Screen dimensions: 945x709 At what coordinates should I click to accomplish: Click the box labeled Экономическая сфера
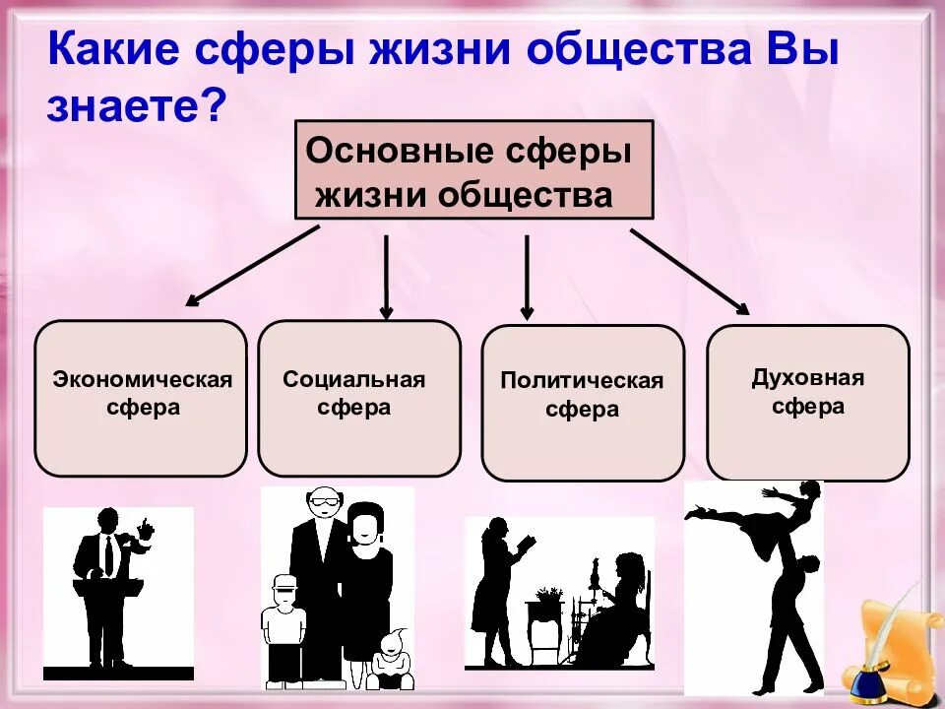141,397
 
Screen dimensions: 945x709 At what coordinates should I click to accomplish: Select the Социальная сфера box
358,397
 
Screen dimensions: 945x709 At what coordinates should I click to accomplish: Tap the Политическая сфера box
582,402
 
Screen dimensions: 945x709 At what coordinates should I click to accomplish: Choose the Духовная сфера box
807,402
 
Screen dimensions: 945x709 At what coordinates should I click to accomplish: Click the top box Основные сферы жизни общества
473,169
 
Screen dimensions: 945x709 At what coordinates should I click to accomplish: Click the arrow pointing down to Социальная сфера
386,276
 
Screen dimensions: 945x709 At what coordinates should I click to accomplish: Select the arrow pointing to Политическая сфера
527,276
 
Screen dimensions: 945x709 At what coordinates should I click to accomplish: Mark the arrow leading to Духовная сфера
689,271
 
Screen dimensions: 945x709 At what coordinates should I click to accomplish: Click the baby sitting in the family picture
391,658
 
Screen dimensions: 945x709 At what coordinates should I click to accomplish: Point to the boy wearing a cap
283,625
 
